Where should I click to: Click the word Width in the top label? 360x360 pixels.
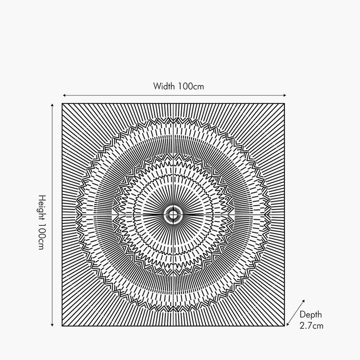coord(164,86)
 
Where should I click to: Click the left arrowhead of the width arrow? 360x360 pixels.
coord(64,95)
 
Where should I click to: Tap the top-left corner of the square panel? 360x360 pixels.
coord(62,104)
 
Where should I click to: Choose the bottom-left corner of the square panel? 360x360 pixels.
coord(62,326)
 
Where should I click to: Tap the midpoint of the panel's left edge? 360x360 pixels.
coord(62,215)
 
